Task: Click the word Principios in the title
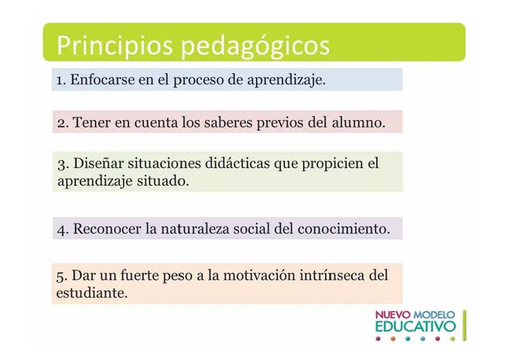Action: coord(115,45)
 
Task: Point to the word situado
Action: coord(162,181)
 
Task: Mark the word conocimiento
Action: coord(344,229)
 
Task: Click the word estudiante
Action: coord(92,293)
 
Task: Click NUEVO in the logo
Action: coord(393,315)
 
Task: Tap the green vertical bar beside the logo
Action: coord(465,325)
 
